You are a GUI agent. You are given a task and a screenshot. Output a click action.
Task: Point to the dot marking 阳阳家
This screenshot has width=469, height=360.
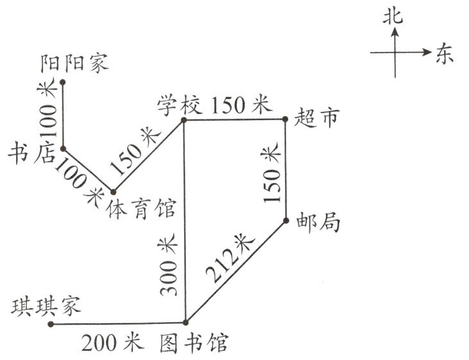pos(63,82)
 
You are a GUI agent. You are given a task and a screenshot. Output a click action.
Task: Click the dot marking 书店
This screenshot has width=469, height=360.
pos(63,149)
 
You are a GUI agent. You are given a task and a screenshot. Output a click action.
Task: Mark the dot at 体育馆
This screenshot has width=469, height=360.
pos(113,191)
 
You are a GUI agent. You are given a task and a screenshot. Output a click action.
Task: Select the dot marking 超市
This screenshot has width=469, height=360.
pos(285,119)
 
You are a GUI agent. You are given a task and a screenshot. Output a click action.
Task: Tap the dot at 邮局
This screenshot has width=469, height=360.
pos(285,221)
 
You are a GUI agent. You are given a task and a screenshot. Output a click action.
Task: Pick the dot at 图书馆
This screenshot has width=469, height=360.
pos(185,322)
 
